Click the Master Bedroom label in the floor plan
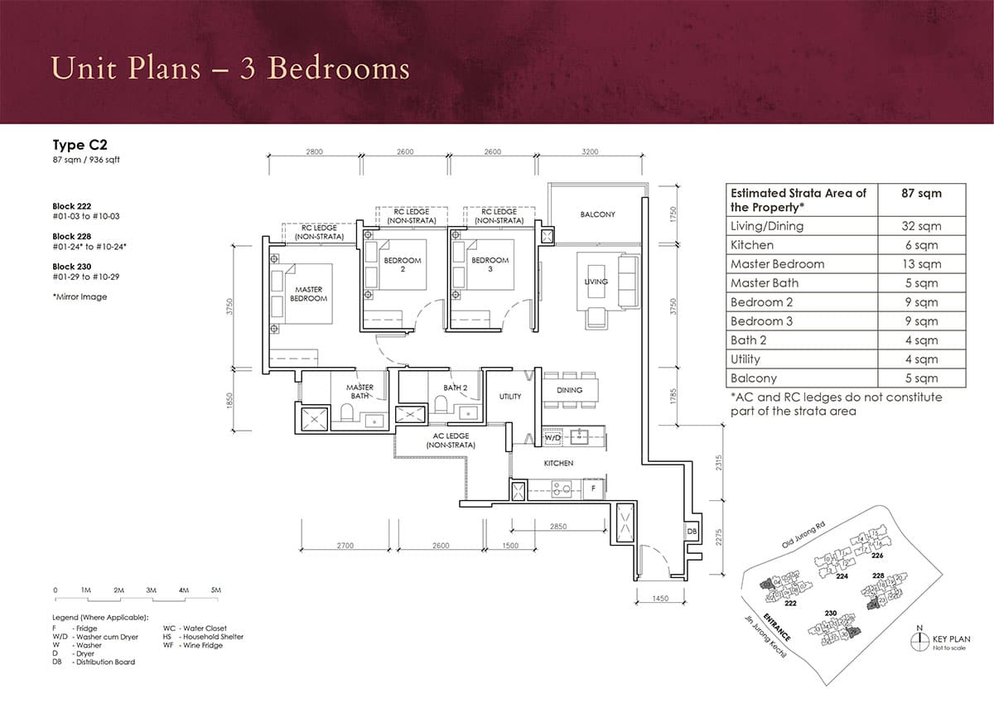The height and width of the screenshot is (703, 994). coord(308,294)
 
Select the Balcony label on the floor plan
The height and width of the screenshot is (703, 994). coord(597,214)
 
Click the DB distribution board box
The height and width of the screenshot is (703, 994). coord(692,531)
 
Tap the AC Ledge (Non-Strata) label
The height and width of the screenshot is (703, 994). coord(451,441)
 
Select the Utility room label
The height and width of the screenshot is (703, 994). coord(510,397)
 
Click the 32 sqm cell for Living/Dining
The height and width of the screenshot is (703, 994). coord(921,226)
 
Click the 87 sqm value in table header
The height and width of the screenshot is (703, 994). coord(921,193)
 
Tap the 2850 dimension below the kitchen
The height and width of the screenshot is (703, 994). coord(557,527)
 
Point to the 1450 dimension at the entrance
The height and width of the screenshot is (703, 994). coord(659,597)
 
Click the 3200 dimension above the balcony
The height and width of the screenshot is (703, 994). coord(590,152)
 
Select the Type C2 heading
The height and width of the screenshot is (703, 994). coord(75,144)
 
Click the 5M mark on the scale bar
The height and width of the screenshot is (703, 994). coord(215,590)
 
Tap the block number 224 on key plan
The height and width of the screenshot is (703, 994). coord(842,576)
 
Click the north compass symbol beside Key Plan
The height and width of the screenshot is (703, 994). coord(919,640)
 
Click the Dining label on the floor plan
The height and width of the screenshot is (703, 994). coord(569,390)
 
